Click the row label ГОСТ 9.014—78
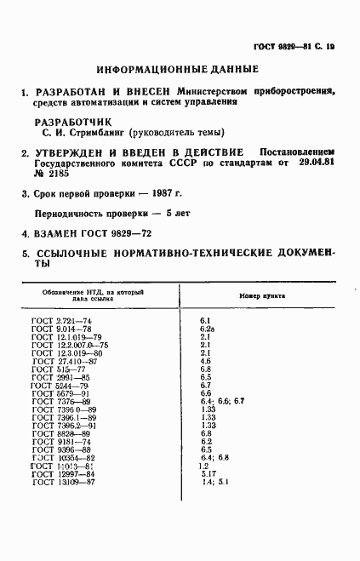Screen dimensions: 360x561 click(60, 328)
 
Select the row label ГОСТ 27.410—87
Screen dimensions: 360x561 click(64, 361)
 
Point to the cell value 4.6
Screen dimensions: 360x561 click(205, 361)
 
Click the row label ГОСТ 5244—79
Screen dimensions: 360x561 click(59, 385)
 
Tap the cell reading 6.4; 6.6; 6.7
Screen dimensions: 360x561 click(222, 401)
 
